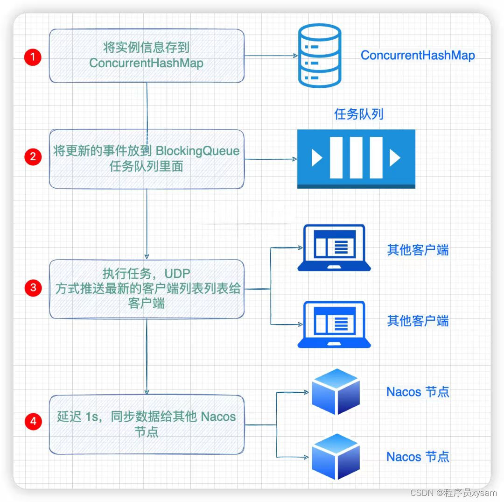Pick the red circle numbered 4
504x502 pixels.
33,421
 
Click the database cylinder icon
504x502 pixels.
320,56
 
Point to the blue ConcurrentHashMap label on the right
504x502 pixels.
418,55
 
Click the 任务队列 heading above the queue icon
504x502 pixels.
358,114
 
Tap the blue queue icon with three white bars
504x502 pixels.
356,158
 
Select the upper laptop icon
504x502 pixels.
334,248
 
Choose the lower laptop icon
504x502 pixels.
334,325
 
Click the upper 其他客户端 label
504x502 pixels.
418,250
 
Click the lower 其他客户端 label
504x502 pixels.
418,321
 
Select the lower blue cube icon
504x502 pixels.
336,456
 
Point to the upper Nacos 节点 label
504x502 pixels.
418,391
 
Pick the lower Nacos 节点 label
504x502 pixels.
418,456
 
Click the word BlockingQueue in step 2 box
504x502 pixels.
197,151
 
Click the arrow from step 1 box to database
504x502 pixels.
271,56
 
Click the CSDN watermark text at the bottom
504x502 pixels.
453,493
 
